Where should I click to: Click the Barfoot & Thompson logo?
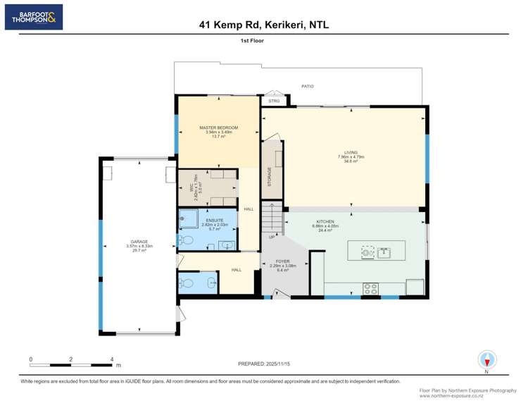click(x=34, y=17)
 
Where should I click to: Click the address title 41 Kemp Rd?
click(x=264, y=25)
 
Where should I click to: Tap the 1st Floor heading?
click(x=264, y=41)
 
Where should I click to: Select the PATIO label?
click(x=308, y=86)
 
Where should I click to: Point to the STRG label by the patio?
click(x=274, y=101)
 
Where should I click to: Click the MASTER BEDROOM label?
click(x=219, y=128)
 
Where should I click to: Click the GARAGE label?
click(x=139, y=242)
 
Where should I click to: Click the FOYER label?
click(x=284, y=261)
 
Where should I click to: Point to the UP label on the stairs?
click(x=272, y=237)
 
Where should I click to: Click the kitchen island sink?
click(x=384, y=252)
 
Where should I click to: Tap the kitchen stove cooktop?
click(x=370, y=287)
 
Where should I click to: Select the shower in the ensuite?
click(x=189, y=219)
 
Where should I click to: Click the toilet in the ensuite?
click(x=186, y=240)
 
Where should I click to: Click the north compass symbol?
click(x=486, y=359)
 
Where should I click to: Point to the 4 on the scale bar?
click(x=112, y=359)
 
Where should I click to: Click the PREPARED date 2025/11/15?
click(x=264, y=363)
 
